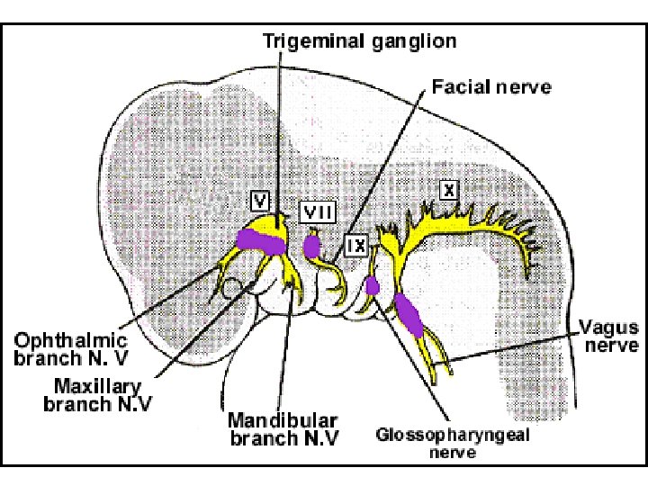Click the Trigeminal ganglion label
pyautogui.click(x=359, y=41)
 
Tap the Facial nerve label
pyautogui.click(x=491, y=88)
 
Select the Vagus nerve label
pyautogui.click(x=608, y=335)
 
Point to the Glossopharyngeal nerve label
pyautogui.click(x=452, y=444)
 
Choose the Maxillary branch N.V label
pyautogui.click(x=97, y=394)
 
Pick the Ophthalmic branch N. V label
pyautogui.click(x=71, y=350)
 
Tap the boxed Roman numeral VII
pyautogui.click(x=317, y=212)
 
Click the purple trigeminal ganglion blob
pyautogui.click(x=261, y=240)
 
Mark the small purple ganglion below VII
pyautogui.click(x=313, y=246)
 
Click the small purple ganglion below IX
pyautogui.click(x=373, y=286)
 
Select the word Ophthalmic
pyautogui.click(x=71, y=342)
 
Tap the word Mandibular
pyautogui.click(x=270, y=420)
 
